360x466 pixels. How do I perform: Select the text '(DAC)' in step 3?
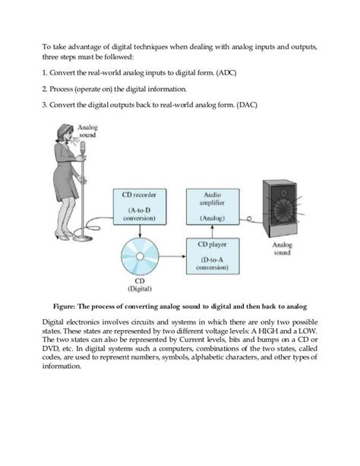click(245, 104)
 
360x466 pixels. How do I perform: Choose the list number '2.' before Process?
click(45, 88)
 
